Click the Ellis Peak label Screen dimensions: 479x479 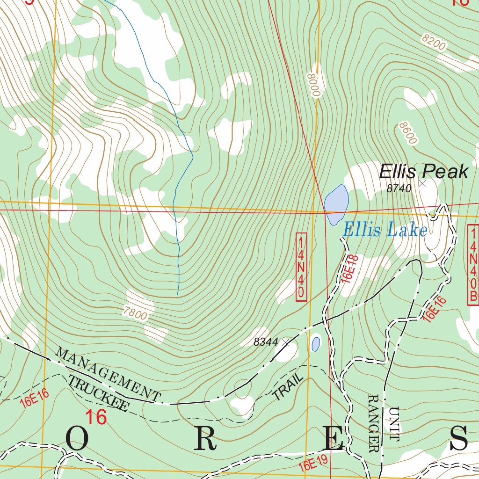(423, 172)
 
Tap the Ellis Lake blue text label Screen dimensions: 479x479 (385, 230)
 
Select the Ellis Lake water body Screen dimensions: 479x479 (336, 202)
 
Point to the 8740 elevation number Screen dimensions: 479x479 (399, 189)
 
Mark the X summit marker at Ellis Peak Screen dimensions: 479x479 (423, 183)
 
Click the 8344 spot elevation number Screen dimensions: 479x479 (266, 342)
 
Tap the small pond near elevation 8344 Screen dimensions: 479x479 (316, 344)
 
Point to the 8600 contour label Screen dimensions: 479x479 (408, 134)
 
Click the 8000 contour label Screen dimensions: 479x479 (313, 84)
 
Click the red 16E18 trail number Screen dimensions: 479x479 (350, 269)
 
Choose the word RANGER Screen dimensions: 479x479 (374, 424)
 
